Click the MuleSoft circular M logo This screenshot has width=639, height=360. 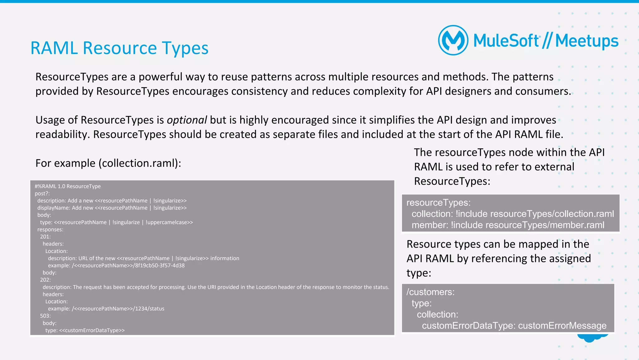coord(453,40)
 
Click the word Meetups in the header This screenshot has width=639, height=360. coord(587,41)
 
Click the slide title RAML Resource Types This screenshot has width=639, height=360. coord(119,48)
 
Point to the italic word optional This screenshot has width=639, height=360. coord(187,120)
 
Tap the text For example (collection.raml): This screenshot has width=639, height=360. coord(108,163)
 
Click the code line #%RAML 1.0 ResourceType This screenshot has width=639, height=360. coord(67,186)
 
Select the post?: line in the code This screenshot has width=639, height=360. coord(42,194)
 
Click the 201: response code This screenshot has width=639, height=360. coord(45,237)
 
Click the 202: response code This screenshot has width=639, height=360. coord(45,280)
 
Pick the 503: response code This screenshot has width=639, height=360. coord(45,316)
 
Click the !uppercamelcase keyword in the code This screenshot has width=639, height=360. coord(169,222)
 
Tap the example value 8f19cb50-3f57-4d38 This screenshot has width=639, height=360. coord(160,265)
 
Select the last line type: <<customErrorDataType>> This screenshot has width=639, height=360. coord(85,330)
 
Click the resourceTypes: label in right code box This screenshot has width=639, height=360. coord(438,203)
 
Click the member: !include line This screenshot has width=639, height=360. coord(508,225)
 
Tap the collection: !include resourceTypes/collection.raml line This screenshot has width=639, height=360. coord(512,214)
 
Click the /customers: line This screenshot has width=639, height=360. coord(430,292)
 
